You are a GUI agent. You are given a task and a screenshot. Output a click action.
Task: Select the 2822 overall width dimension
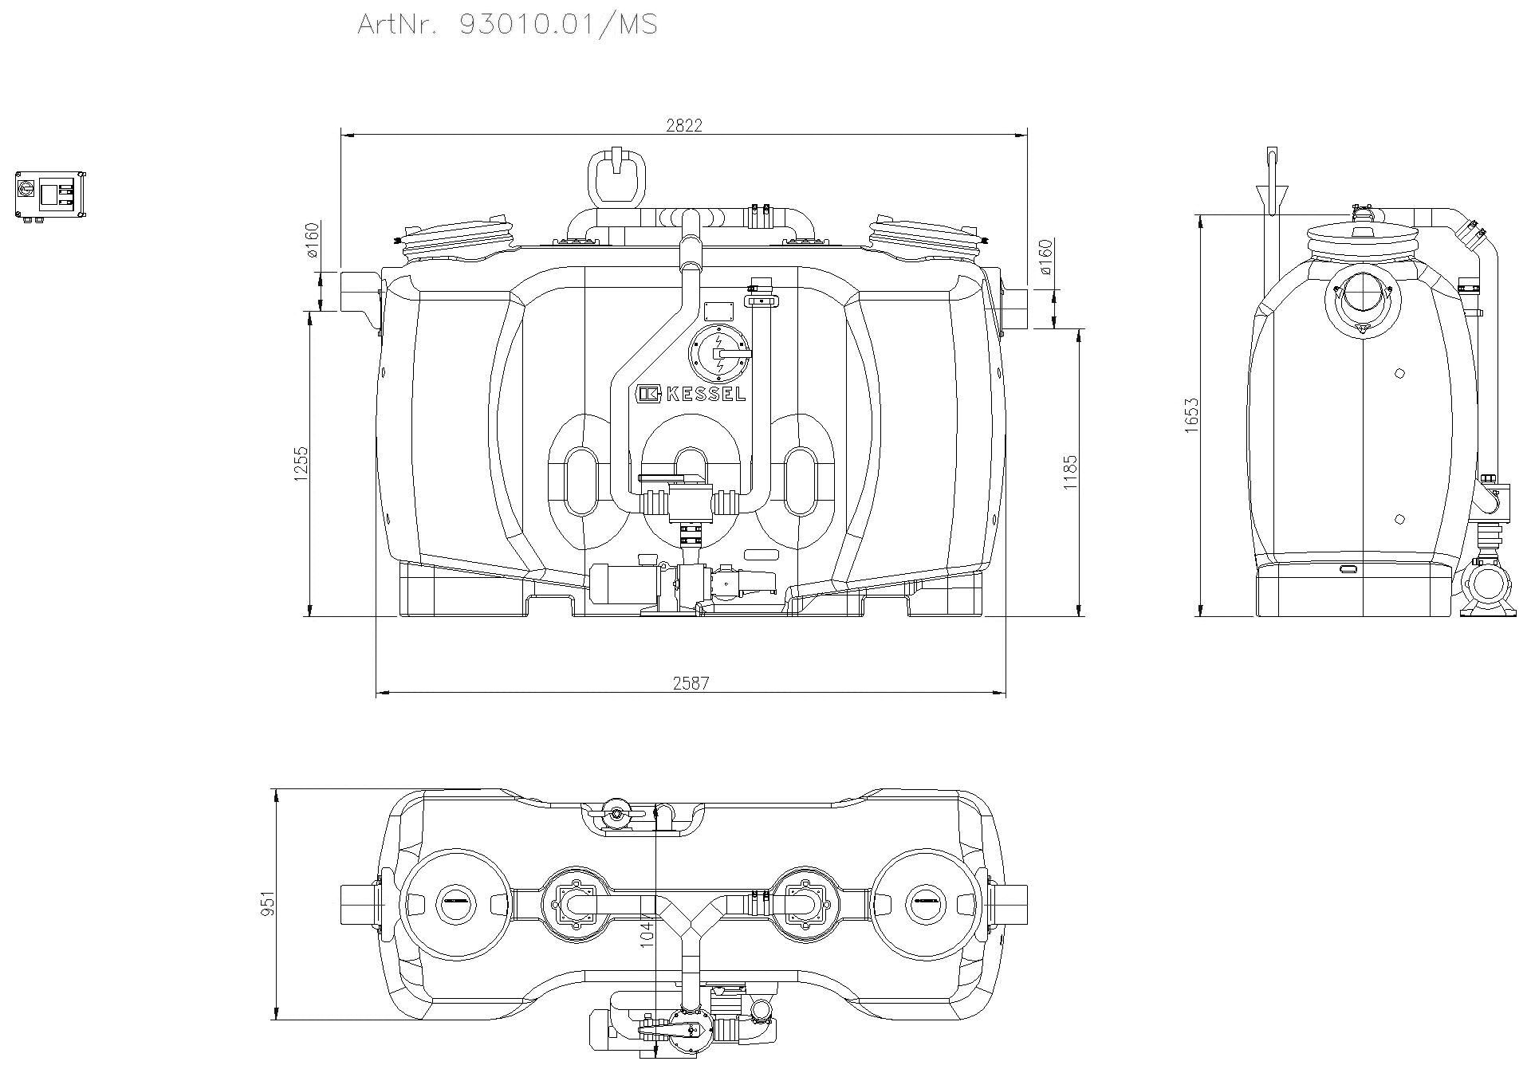pyautogui.click(x=683, y=125)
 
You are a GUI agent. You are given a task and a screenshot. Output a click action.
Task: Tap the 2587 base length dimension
pyautogui.click(x=690, y=683)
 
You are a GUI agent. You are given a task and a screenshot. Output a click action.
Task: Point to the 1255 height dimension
pyautogui.click(x=301, y=462)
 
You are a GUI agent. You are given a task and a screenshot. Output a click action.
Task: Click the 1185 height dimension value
pyautogui.click(x=1070, y=472)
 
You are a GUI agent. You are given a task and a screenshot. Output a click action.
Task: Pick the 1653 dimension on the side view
pyautogui.click(x=1192, y=415)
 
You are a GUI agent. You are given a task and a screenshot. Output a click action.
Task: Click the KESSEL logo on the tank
pyautogui.click(x=691, y=394)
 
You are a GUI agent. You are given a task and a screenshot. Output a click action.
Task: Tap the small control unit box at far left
pyautogui.click(x=49, y=195)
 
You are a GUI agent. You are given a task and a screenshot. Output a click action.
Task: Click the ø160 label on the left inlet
pyautogui.click(x=312, y=239)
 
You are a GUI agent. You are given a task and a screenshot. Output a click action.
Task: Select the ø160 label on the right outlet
pyautogui.click(x=1046, y=257)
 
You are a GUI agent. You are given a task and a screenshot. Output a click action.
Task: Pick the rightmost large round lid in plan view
pyautogui.click(x=926, y=904)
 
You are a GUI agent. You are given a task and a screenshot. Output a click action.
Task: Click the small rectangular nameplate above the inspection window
pyautogui.click(x=718, y=310)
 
